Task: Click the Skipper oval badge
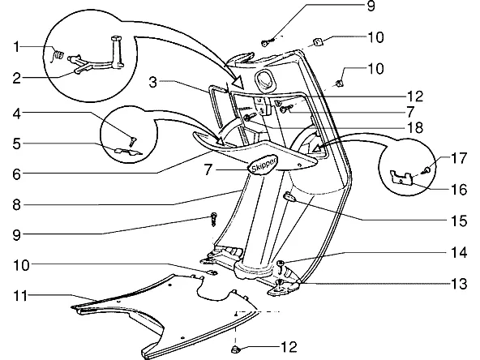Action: tap(263, 165)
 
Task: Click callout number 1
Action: tap(16, 47)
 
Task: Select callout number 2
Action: tap(17, 79)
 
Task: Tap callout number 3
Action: tap(153, 82)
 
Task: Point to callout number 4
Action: tap(17, 114)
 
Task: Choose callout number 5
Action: tap(17, 144)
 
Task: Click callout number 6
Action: tap(17, 174)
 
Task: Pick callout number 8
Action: tap(17, 204)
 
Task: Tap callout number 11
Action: tap(21, 296)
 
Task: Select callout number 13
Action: tap(459, 284)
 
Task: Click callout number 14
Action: tap(459, 252)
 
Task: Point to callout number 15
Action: tap(459, 221)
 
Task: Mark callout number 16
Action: tap(459, 190)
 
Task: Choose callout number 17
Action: tap(459, 158)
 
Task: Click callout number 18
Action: tap(415, 127)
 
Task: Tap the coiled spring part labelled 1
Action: tap(58, 56)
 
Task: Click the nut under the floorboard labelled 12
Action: tap(235, 349)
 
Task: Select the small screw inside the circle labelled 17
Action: tap(426, 169)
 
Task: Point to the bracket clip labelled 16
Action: tap(401, 178)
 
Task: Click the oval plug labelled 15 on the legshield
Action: tap(289, 197)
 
